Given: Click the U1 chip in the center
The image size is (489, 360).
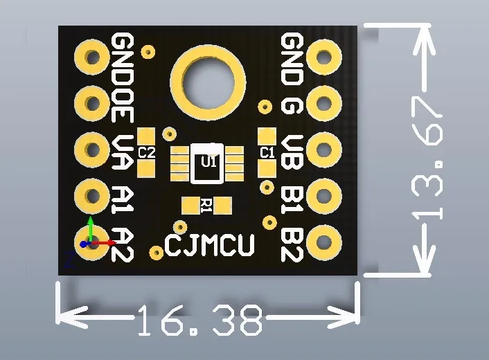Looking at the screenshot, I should (208, 163).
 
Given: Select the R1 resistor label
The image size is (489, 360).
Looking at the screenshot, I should (206, 204).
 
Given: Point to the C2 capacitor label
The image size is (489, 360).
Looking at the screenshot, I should (146, 152).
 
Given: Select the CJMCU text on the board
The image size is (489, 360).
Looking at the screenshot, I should (209, 244).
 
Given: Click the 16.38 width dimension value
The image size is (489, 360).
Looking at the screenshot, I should (200, 321).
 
